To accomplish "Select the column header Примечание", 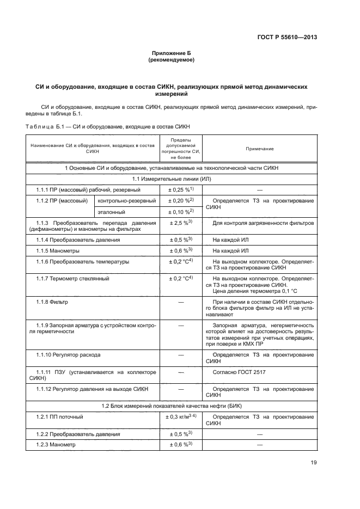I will click(x=260, y=149).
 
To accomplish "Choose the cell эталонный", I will click(x=112, y=212).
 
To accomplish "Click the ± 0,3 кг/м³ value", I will click(x=180, y=416).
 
